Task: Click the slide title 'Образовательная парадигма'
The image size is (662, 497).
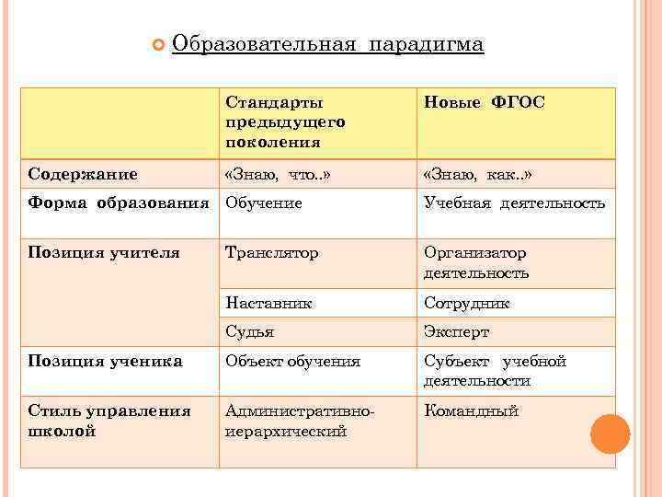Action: click(327, 43)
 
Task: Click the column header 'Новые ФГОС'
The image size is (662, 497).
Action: click(484, 102)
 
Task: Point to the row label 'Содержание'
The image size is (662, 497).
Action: click(83, 174)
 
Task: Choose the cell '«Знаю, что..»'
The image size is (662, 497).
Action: click(276, 174)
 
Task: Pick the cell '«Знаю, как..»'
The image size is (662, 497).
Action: click(477, 174)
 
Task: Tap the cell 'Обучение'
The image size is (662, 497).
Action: click(264, 202)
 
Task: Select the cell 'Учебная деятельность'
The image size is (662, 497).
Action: click(514, 202)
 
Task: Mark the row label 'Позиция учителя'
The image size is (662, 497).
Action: click(103, 252)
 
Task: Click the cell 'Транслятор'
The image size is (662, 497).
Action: click(272, 252)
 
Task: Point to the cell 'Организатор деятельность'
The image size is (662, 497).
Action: click(476, 262)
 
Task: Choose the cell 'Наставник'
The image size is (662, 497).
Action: click(268, 302)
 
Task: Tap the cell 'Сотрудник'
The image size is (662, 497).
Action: click(466, 302)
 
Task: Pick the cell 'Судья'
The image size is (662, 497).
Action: click(250, 331)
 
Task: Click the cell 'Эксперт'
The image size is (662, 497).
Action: click(456, 331)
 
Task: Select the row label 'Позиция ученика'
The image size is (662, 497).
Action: click(105, 362)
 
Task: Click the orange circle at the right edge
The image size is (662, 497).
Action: click(610, 433)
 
